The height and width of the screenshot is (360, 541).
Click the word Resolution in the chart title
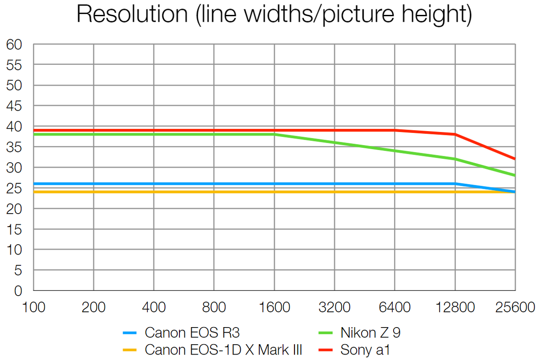(132, 15)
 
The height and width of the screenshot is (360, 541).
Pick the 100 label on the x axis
(34, 308)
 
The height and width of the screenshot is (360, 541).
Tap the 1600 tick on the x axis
(275, 308)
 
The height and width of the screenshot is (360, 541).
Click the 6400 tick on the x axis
(395, 308)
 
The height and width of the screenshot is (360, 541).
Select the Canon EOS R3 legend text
(192, 333)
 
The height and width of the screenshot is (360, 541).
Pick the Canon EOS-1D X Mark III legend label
(223, 349)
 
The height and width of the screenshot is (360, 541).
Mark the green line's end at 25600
(515, 175)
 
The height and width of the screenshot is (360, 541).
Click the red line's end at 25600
(515, 159)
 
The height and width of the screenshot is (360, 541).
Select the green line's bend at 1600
(275, 134)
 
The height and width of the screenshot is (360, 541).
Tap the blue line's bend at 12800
(455, 184)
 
